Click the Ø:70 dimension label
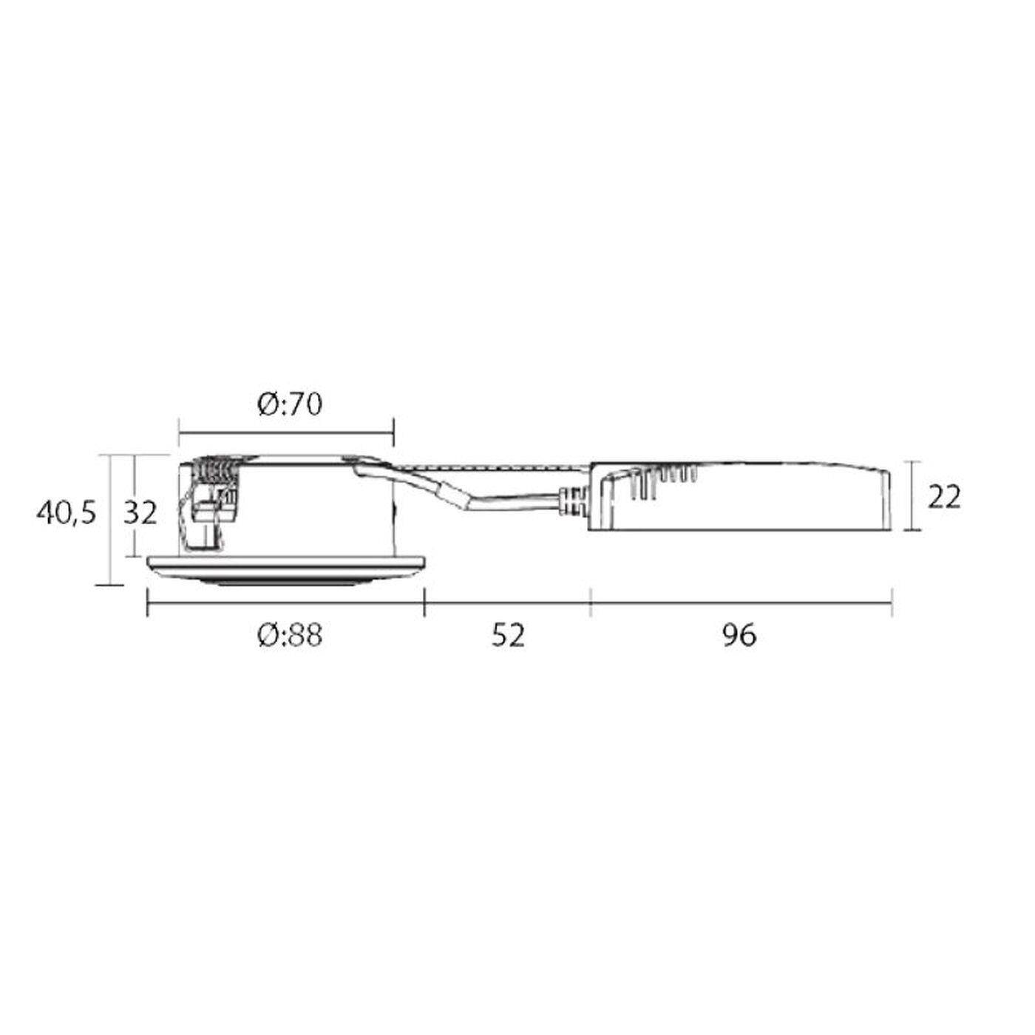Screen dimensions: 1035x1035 click(290, 405)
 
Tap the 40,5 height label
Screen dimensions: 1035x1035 click(66, 514)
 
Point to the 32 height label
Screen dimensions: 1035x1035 click(140, 513)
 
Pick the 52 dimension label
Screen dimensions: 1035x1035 click(508, 636)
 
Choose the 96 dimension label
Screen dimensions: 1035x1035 click(739, 636)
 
